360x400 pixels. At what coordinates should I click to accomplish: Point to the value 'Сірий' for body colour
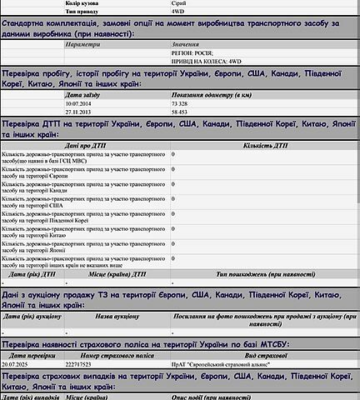pyautogui.click(x=179, y=4)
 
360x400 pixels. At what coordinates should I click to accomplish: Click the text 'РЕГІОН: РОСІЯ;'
pyautogui.click(x=192, y=52)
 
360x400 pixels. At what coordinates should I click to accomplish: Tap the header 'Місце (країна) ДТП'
pyautogui.click(x=115, y=273)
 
